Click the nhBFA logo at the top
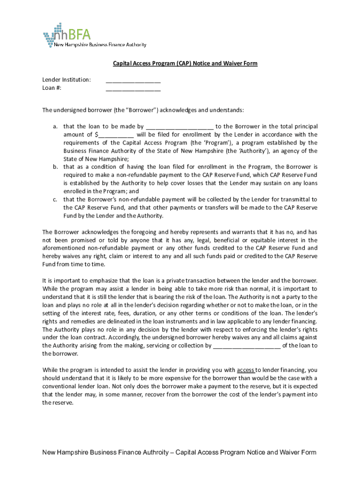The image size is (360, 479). pyautogui.click(x=70, y=34)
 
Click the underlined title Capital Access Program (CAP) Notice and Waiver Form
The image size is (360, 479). pyautogui.click(x=184, y=63)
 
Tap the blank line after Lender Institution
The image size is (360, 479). pyautogui.click(x=133, y=80)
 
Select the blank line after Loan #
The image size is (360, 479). pyautogui.click(x=133, y=88)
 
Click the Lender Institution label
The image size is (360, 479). pyautogui.click(x=67, y=80)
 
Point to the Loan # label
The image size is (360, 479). pyautogui.click(x=52, y=88)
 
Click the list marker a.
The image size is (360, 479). pyautogui.click(x=55, y=126)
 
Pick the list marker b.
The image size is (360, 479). pyautogui.click(x=55, y=167)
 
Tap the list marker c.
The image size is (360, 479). pyautogui.click(x=55, y=199)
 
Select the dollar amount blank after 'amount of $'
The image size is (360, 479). pyautogui.click(x=116, y=135)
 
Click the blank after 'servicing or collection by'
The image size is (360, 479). pyautogui.click(x=246, y=346)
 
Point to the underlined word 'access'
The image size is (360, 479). pyautogui.click(x=245, y=370)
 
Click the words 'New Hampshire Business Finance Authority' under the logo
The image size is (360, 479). pyautogui.click(x=100, y=45)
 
